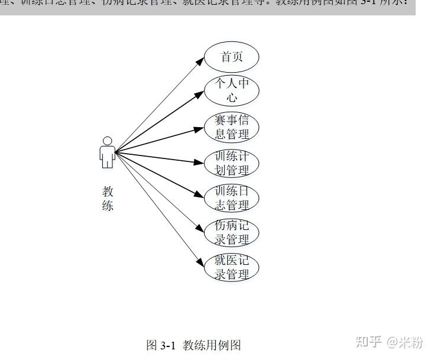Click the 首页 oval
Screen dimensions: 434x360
pos(232,57)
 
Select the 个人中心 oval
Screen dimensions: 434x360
pos(232,90)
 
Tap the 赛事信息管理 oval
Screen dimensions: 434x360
pos(232,127)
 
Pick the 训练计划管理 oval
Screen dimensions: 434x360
pos(232,164)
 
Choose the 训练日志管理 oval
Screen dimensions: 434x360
pos(232,198)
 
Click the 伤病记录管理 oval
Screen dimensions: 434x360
pos(232,232)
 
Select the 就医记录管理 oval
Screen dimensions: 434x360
pos(232,268)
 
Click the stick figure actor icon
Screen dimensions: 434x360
pos(107,153)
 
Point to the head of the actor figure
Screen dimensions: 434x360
pos(107,141)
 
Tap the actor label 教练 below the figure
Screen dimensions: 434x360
pos(108,199)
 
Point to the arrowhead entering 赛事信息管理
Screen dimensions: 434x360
pos(202,128)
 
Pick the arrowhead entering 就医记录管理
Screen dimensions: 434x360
pos(202,264)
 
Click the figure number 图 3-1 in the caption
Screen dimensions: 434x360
pos(161,345)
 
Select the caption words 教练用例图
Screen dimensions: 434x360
pos(212,345)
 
